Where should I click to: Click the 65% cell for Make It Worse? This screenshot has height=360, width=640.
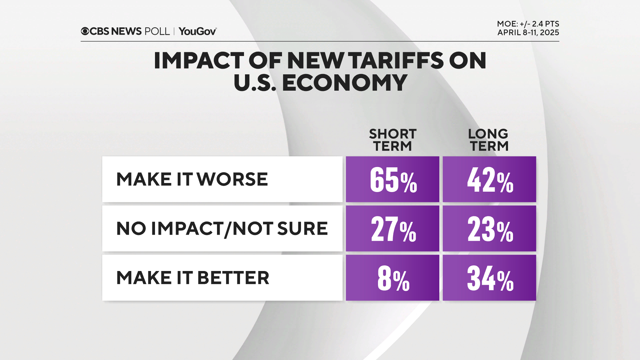[392, 179]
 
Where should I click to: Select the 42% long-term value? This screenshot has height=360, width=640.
[489, 179]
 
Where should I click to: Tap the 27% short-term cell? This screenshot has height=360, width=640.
[392, 228]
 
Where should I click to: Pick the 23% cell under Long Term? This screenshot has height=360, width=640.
[489, 228]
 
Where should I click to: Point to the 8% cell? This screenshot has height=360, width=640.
[392, 278]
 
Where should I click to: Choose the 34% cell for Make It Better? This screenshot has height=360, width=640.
[489, 278]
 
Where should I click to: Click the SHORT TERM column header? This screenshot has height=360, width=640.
[392, 140]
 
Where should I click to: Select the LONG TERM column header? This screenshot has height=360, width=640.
[488, 140]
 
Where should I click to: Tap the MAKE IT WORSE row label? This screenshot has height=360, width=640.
[192, 179]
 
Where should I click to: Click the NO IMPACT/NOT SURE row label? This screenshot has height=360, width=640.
[222, 229]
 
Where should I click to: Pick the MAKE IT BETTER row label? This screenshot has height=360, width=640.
[193, 278]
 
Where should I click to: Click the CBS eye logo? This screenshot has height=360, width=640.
[85, 31]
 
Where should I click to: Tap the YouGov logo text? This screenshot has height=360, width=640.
[197, 31]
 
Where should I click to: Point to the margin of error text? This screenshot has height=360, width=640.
[528, 24]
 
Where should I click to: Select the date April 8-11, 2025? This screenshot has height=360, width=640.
[528, 33]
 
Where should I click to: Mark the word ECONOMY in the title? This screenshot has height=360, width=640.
[345, 83]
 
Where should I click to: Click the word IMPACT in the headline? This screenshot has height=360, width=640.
[199, 61]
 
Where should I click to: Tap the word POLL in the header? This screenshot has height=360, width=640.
[157, 31]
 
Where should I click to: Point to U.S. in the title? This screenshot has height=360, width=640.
[255, 83]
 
